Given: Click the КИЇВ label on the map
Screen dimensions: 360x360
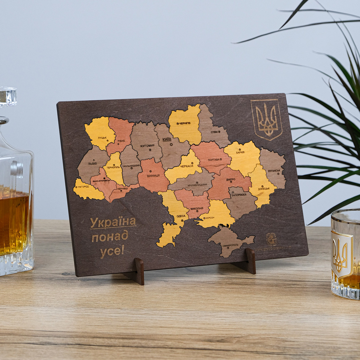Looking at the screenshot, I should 167,139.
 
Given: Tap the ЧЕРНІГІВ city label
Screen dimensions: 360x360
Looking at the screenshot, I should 185,123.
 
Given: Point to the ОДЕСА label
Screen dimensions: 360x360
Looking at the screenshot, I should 180,216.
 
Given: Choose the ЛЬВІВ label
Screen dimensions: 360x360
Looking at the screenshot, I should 92,163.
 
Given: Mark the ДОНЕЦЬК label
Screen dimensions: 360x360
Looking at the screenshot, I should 264,188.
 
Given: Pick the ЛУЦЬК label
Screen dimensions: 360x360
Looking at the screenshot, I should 102,138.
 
